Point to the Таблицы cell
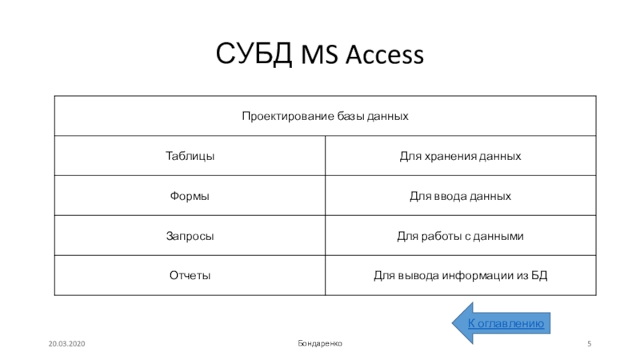click(x=190, y=156)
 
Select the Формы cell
click(x=190, y=196)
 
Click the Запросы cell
click(x=190, y=236)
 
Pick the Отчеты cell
click(x=190, y=276)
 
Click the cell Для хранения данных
click(x=460, y=156)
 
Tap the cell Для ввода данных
click(x=460, y=196)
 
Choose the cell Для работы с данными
click(x=460, y=236)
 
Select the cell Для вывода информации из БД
click(x=460, y=276)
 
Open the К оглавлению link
click(x=506, y=323)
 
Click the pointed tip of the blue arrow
click(x=454, y=323)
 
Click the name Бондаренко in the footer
click(x=319, y=342)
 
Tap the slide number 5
click(x=589, y=342)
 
